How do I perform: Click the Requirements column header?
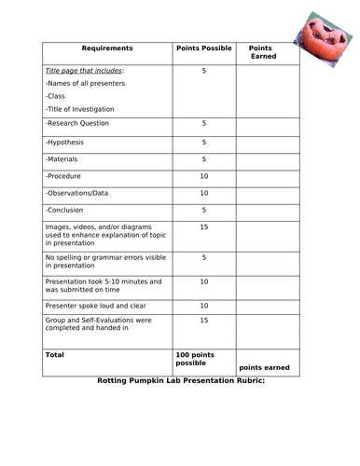tap(107, 48)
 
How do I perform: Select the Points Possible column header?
tap(202, 48)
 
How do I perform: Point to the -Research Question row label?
tap(76, 122)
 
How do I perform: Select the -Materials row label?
tap(63, 158)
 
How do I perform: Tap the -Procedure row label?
tap(65, 175)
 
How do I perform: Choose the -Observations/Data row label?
tap(79, 193)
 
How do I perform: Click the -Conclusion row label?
tap(67, 210)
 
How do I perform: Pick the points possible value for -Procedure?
tap(203, 175)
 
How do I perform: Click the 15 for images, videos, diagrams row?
tap(203, 226)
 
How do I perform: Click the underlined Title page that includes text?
tap(85, 71)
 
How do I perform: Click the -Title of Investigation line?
tap(83, 108)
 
